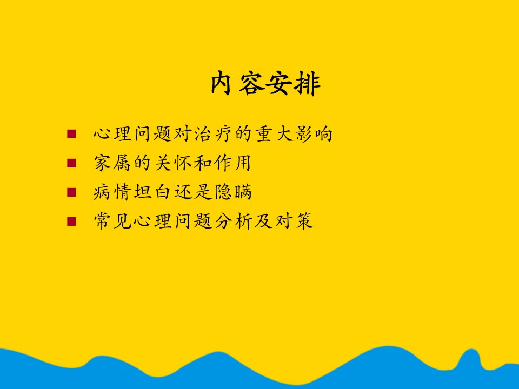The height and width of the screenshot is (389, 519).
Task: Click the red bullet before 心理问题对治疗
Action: coord(71,134)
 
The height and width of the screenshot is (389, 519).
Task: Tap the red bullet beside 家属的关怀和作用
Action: coord(71,163)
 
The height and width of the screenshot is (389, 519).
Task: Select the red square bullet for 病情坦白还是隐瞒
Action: coord(71,192)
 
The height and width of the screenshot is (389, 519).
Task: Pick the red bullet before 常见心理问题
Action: coord(71,222)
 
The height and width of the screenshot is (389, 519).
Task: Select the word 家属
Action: coord(112,163)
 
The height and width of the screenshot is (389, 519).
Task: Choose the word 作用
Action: coord(232,163)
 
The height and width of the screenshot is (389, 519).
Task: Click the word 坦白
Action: coord(152,192)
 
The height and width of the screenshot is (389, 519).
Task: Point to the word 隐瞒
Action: coord(234,192)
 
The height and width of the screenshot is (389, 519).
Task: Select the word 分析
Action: coord(233,222)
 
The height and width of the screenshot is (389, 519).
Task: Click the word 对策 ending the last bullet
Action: coord(294,222)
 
